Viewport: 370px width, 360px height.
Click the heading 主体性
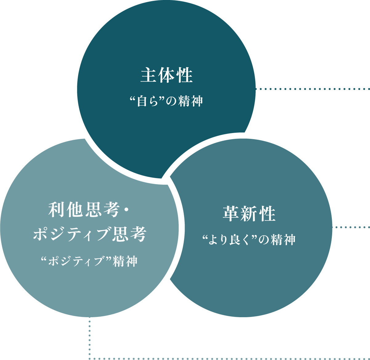pyautogui.click(x=167, y=76)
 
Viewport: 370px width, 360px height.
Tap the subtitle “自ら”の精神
pyautogui.click(x=167, y=101)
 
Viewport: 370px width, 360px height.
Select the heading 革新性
pyautogui.click(x=249, y=214)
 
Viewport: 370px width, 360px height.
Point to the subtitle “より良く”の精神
pyautogui.click(x=249, y=240)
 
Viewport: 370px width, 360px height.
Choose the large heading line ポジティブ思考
pyautogui.click(x=89, y=235)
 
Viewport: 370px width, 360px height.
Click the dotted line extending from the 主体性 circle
pyautogui.click(x=312, y=89)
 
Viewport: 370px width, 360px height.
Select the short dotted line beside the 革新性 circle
pyautogui.click(x=351, y=227)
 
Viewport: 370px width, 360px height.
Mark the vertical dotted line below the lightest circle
pyautogui.click(x=90, y=337)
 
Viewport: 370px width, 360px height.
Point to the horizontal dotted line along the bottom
pyautogui.click(x=229, y=358)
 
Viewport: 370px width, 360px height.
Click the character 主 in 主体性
pyautogui.click(x=147, y=76)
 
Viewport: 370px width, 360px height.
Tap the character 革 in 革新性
pyautogui.click(x=230, y=214)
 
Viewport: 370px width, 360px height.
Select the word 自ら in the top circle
pyautogui.click(x=146, y=101)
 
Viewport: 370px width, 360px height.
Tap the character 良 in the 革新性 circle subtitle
pyautogui.click(x=234, y=240)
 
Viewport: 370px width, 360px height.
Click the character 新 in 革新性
pyautogui.click(x=249, y=214)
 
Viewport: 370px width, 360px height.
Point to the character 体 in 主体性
pyautogui.click(x=167, y=76)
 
